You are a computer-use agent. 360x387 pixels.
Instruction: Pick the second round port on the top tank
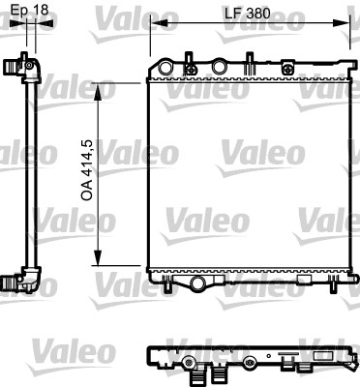pos(220,67)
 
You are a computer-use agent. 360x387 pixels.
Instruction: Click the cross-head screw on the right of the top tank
pos(290,69)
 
